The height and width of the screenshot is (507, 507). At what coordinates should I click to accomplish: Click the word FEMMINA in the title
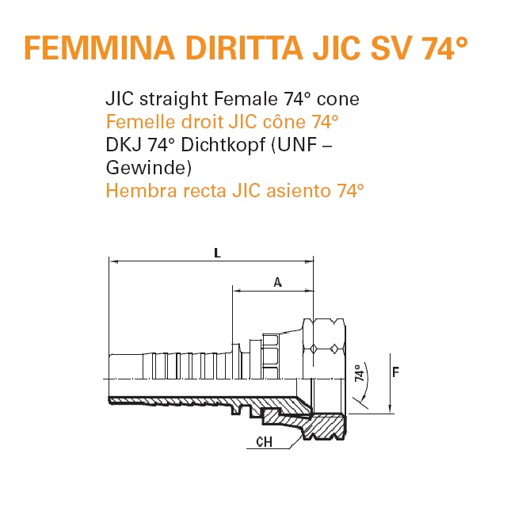(100, 48)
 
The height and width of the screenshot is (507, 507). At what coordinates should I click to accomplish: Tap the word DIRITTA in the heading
(244, 48)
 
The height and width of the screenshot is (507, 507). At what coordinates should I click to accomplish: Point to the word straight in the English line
(173, 98)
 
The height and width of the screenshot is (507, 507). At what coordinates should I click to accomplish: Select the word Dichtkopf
(223, 144)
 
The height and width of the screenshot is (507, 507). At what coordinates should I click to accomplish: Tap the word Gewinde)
(149, 168)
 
